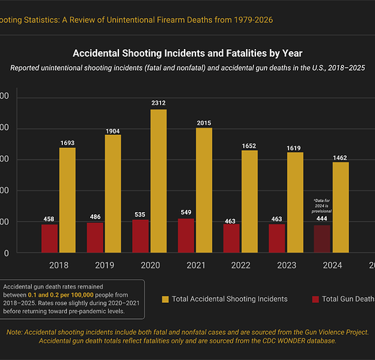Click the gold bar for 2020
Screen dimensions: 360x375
coord(159,180)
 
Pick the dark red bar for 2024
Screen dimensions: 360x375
coord(322,238)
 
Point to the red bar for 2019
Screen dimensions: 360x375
coord(95,237)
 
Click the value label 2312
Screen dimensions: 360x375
coord(159,103)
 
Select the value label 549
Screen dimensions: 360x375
coord(186,212)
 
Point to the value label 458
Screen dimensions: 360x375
coord(49,218)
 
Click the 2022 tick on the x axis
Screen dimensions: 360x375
coord(241,265)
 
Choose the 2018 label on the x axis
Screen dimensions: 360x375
coord(58,265)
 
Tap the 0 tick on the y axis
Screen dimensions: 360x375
coord(6,253)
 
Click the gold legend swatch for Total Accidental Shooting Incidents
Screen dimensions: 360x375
coord(166,299)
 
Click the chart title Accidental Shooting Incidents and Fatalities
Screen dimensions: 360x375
coord(187,53)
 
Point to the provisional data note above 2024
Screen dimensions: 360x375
coord(322,203)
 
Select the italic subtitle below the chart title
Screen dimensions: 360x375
coord(187,68)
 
